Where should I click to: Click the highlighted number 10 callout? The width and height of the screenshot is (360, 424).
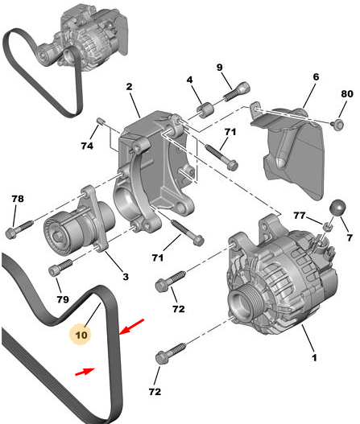[81, 335]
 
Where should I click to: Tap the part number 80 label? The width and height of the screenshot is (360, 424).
[347, 94]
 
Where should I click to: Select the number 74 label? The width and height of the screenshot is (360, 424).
[87, 146]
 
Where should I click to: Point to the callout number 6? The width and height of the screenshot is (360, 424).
[316, 76]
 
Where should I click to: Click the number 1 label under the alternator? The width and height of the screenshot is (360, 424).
[314, 358]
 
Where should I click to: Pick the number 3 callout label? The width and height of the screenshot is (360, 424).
[126, 277]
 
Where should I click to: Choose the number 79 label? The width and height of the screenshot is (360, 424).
[63, 299]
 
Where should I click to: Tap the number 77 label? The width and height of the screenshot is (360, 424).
[300, 216]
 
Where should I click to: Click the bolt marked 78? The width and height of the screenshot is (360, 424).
[19, 229]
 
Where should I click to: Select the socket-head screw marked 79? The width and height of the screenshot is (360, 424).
[60, 267]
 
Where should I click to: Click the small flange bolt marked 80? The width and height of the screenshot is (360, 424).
[337, 125]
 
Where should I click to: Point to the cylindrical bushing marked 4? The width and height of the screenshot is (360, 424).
[205, 109]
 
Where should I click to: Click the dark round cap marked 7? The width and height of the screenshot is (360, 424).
[337, 208]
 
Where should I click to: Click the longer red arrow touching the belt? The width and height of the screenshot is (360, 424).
[131, 327]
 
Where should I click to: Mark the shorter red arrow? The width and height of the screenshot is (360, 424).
[85, 371]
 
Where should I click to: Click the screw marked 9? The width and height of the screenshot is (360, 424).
[237, 92]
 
